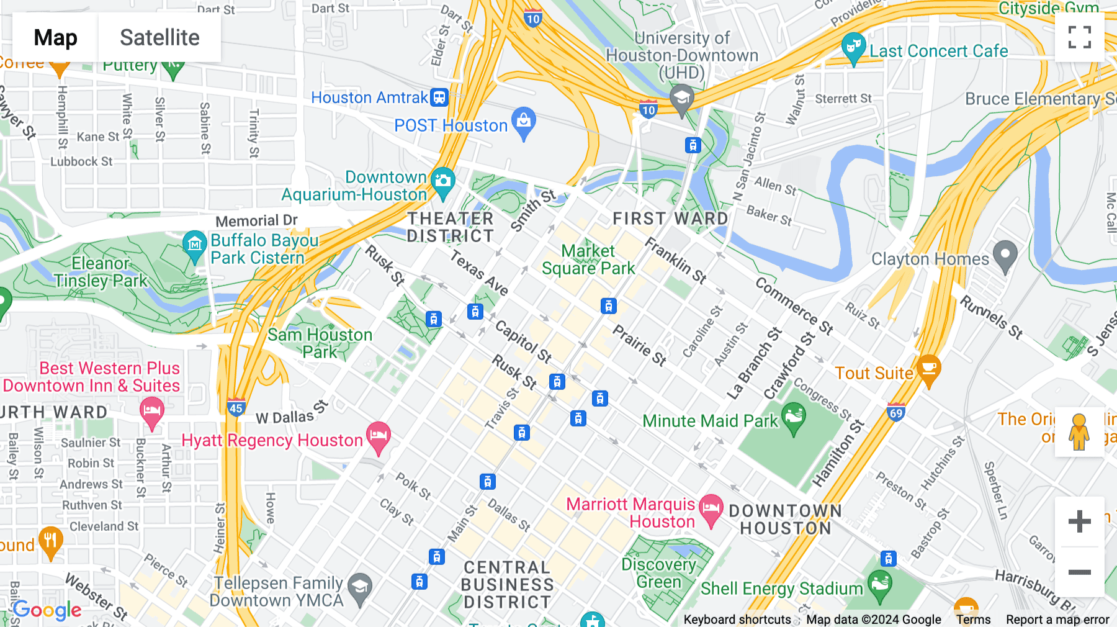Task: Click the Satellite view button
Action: click(x=159, y=38)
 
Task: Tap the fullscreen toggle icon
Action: click(x=1079, y=37)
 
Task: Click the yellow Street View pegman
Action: click(x=1079, y=432)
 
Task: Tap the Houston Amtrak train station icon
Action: click(x=439, y=97)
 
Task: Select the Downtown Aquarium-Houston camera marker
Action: click(x=442, y=181)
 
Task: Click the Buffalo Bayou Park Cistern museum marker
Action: click(x=194, y=244)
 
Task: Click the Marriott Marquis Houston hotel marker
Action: click(x=711, y=508)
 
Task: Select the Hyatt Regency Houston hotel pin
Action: click(x=378, y=436)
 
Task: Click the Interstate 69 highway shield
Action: click(x=895, y=413)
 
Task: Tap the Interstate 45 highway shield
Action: click(x=236, y=408)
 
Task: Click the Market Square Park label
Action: click(x=588, y=259)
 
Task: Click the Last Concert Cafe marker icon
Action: click(x=854, y=47)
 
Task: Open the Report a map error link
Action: click(x=1057, y=620)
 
